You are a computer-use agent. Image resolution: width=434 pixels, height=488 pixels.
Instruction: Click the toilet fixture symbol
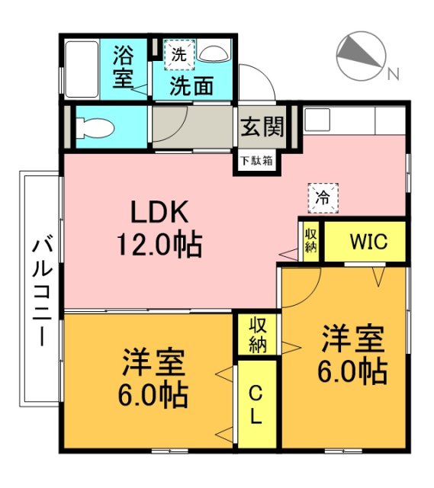click(95, 127)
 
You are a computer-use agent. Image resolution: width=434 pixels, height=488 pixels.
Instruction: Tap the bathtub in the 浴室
click(82, 69)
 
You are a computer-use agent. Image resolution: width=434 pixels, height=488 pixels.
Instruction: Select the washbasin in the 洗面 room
click(214, 53)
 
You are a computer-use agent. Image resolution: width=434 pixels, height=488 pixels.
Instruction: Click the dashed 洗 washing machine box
click(179, 55)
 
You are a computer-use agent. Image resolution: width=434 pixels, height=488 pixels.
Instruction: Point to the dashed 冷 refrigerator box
click(323, 198)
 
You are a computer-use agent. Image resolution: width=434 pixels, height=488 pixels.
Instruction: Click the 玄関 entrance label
click(262, 127)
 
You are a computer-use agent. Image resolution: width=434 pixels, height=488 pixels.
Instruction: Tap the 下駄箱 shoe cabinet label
click(256, 161)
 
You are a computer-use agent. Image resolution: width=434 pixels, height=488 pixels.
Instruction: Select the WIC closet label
click(368, 241)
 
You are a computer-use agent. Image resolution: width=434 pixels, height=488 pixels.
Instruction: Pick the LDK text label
click(159, 212)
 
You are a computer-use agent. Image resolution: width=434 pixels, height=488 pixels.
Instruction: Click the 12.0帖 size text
click(159, 244)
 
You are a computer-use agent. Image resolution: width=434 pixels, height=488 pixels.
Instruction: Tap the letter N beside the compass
click(393, 74)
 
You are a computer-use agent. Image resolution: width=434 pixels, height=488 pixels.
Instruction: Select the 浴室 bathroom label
click(124, 66)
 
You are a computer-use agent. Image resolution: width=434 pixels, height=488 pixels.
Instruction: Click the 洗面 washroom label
click(191, 85)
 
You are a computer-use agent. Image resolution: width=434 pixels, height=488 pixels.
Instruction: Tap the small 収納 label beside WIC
click(310, 241)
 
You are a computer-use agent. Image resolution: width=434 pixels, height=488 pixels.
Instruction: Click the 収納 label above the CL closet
click(258, 335)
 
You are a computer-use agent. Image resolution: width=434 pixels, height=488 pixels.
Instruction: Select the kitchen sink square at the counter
click(317, 120)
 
